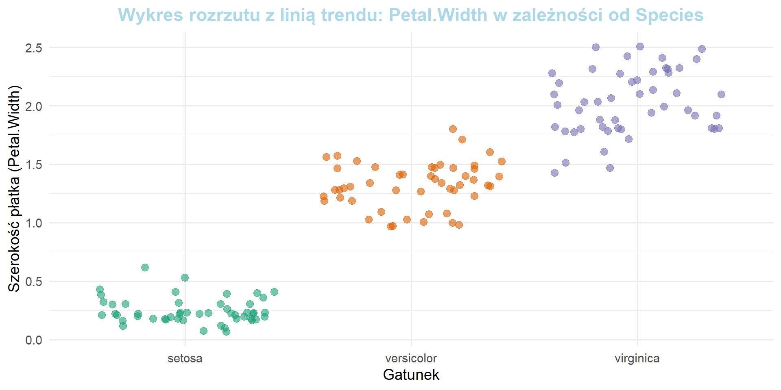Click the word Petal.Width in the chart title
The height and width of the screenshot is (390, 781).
pos(438,15)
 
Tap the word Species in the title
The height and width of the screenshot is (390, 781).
pos(670,15)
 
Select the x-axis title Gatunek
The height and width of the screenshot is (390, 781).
pos(411,375)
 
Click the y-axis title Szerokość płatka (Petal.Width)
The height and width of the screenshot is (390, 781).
pos(14,188)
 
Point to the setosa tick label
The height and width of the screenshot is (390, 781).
pos(185,358)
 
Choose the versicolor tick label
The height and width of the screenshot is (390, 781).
pos(411,358)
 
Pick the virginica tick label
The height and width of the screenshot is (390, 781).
pos(637,358)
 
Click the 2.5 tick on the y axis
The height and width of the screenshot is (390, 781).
pos(34,48)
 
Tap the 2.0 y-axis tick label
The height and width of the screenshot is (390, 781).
pos(34,106)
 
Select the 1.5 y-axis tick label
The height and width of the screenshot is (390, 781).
pos(34,165)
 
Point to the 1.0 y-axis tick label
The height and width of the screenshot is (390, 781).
pos(34,223)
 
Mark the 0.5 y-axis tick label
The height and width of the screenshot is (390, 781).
pos(34,282)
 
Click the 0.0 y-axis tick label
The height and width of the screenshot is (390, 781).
pos(34,340)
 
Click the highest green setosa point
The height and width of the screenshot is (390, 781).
pos(145,267)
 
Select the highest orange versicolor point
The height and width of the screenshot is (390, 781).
pos(453,129)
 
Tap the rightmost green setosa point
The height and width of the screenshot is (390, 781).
pos(274,292)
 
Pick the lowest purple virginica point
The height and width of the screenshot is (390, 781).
pos(554,173)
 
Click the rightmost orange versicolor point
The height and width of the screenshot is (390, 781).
pos(502,161)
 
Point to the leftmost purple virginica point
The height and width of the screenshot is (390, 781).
pos(552,73)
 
